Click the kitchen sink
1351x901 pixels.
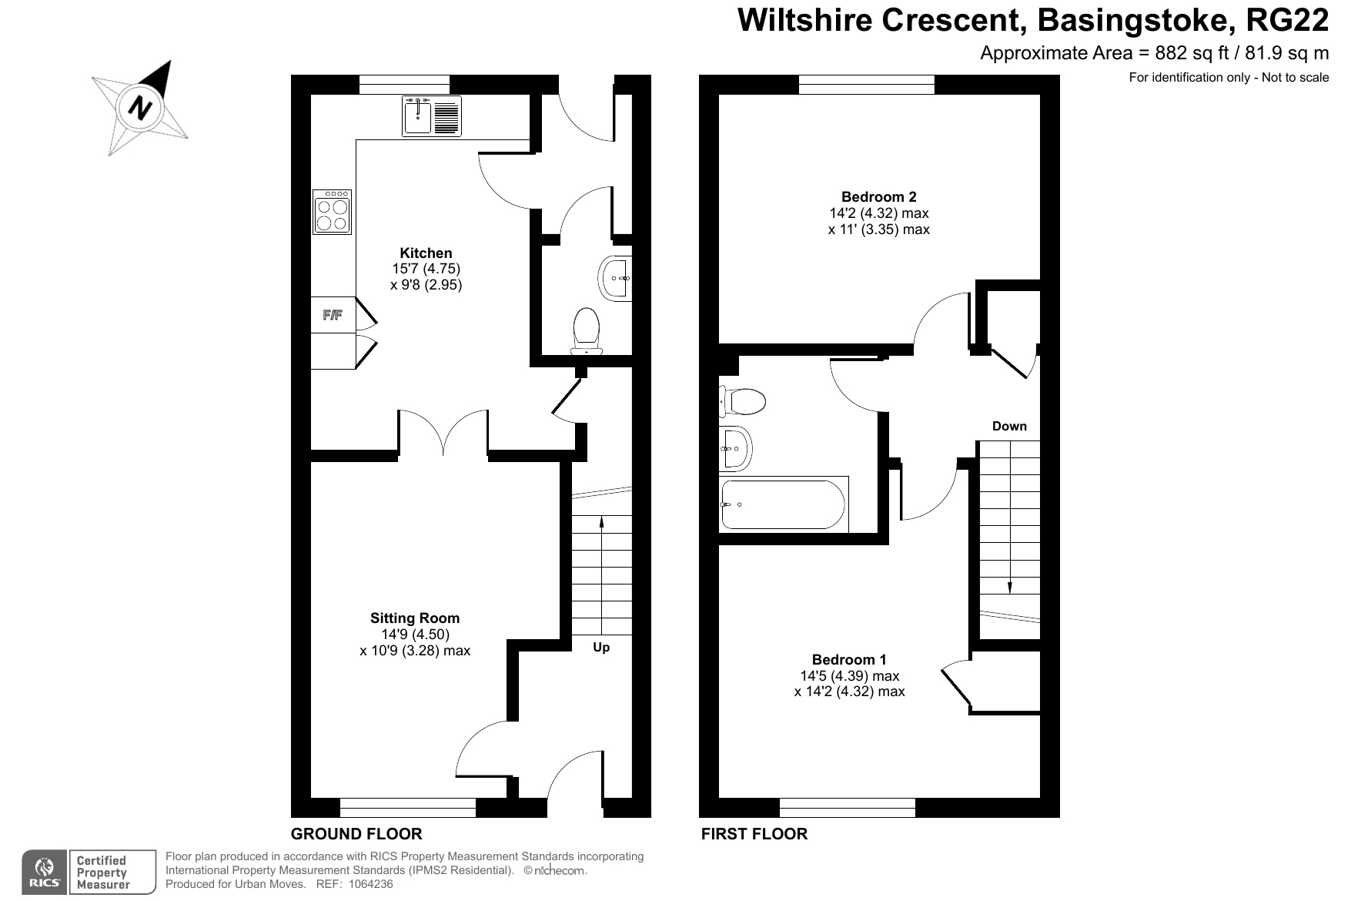click(x=431, y=116)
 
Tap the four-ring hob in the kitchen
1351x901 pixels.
click(x=333, y=212)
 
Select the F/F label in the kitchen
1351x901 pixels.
click(x=333, y=315)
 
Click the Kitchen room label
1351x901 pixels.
click(x=426, y=253)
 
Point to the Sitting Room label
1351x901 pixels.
click(x=415, y=618)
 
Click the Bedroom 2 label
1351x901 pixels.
click(x=878, y=196)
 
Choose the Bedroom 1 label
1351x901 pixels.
click(x=849, y=659)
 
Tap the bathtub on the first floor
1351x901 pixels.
click(x=784, y=504)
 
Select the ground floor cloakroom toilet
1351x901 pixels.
click(x=587, y=332)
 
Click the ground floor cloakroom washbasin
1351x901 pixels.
click(x=615, y=277)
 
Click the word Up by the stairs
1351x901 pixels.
click(x=601, y=648)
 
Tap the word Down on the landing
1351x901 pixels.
click(x=1009, y=426)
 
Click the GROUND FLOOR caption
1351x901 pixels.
click(x=356, y=833)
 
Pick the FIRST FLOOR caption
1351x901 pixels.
click(x=754, y=833)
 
